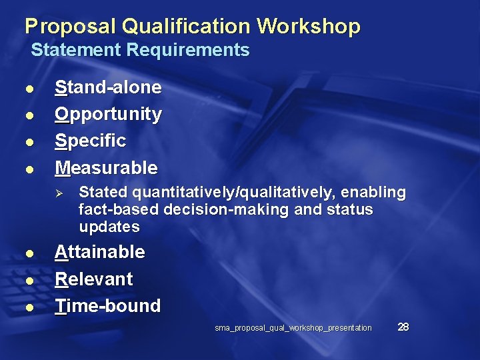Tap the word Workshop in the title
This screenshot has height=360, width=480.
click(309, 27)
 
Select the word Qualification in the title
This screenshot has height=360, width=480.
click(185, 27)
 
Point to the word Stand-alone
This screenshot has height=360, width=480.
click(108, 87)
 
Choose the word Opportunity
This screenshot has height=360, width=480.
click(108, 114)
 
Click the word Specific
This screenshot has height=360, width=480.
click(90, 141)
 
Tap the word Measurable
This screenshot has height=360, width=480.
click(106, 167)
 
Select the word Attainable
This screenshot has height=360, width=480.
click(99, 252)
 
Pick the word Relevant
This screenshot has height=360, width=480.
click(93, 279)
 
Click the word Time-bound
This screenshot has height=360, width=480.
click(107, 306)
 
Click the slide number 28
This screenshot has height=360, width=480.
click(403, 327)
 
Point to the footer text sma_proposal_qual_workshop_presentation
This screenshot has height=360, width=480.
click(293, 328)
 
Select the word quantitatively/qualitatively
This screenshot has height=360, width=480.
click(234, 193)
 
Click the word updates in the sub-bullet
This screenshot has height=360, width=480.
click(109, 227)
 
